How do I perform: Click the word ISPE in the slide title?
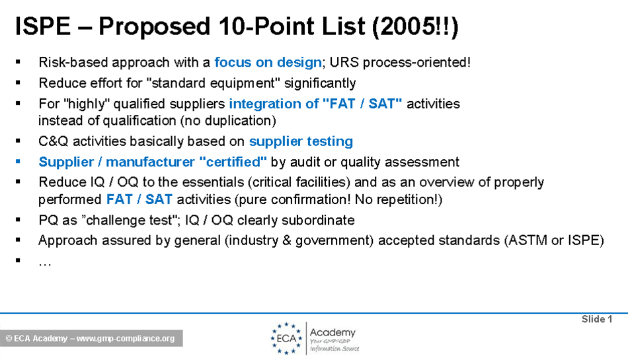tap(43, 26)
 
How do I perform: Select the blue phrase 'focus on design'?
tap(268, 62)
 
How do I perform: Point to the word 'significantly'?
tap(320, 83)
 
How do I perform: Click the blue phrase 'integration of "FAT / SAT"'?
tap(315, 104)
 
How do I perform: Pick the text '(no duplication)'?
tap(228, 120)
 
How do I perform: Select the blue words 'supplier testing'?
tap(301, 141)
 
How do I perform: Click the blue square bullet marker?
tap(18, 162)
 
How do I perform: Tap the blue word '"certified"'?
tap(233, 162)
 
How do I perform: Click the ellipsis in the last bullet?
tap(45, 264)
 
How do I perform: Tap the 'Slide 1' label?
tap(597, 319)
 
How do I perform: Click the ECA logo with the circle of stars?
tap(286, 338)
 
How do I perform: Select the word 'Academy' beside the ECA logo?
tap(333, 332)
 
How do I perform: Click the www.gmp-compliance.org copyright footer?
tap(91, 338)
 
